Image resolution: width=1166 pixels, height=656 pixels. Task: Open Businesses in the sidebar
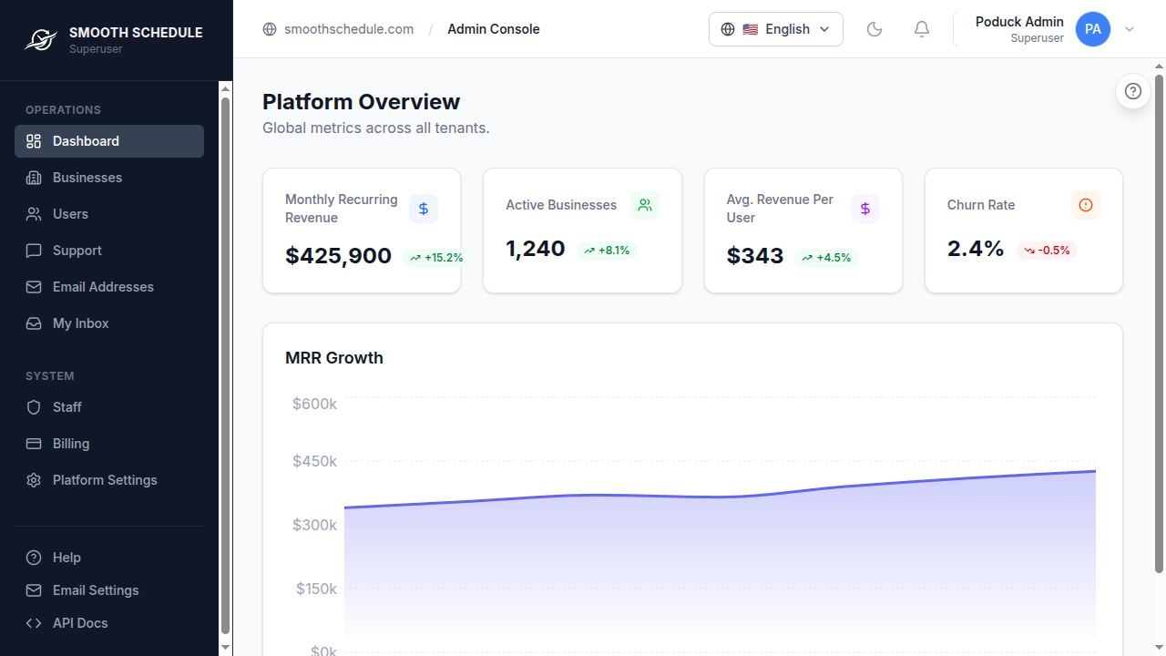click(x=87, y=178)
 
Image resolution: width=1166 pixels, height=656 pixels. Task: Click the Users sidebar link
click(x=70, y=214)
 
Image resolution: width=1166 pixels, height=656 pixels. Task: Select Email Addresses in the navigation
click(x=103, y=287)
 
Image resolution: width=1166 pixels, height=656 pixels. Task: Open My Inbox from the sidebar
click(x=80, y=323)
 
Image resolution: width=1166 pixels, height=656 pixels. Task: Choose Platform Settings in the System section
click(x=105, y=480)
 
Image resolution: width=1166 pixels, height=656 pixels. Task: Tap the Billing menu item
click(x=71, y=444)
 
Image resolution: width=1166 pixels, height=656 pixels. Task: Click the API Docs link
click(x=80, y=623)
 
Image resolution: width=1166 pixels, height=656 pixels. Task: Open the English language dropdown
click(x=776, y=29)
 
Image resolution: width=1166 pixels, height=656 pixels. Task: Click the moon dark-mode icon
click(x=874, y=29)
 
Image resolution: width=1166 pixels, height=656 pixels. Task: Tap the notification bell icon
click(x=922, y=29)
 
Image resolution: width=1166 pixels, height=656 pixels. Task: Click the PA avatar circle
click(x=1093, y=29)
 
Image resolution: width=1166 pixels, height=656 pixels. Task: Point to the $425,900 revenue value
click(x=338, y=256)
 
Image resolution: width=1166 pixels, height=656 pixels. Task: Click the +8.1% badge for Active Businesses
click(x=607, y=250)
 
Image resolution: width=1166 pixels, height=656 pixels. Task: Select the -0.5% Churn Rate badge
click(x=1048, y=250)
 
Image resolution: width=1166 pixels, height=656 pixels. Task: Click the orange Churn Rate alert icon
click(x=1086, y=205)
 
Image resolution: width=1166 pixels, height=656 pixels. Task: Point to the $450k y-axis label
click(x=314, y=461)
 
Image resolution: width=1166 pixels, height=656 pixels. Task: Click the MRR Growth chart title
click(x=334, y=358)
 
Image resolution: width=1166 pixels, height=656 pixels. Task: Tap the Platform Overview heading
click(x=361, y=102)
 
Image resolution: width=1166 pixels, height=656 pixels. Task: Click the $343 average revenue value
click(x=755, y=256)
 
